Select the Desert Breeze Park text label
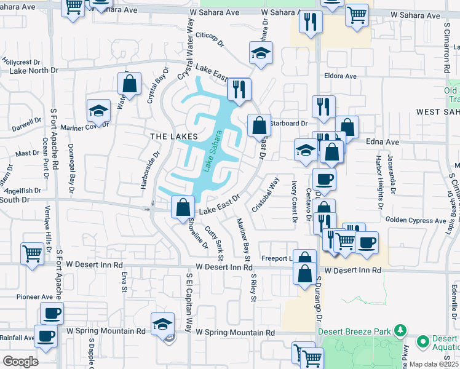(355, 331)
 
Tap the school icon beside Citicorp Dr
(261, 54)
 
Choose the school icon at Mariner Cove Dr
(98, 111)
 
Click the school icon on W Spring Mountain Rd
(162, 323)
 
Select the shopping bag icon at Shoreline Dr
(183, 207)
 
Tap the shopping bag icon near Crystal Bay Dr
(130, 85)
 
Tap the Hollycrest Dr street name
(21, 62)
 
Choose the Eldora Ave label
(341, 76)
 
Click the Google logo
(21, 362)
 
